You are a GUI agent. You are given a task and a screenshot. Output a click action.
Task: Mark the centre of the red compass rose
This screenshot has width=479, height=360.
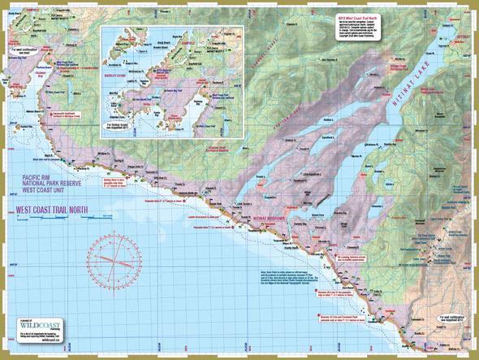click(115, 254)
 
